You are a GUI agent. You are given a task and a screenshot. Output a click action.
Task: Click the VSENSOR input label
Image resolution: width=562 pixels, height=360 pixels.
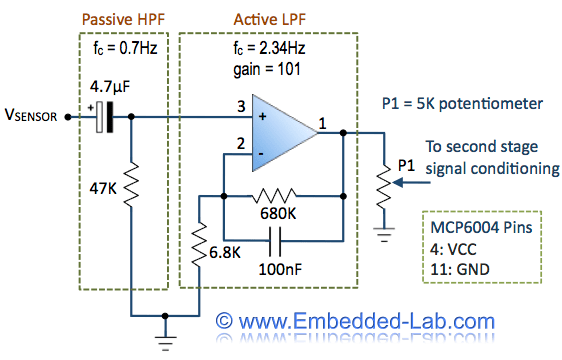pyautogui.click(x=33, y=118)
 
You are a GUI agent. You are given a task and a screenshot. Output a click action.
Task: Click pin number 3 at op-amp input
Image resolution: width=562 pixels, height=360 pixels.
pyautogui.click(x=241, y=106)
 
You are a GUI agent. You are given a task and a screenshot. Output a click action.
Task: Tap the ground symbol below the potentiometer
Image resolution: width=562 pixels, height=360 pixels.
pyautogui.click(x=383, y=236)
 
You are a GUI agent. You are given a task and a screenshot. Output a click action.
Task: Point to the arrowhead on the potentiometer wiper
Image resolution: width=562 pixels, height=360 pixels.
pyautogui.click(x=396, y=183)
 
